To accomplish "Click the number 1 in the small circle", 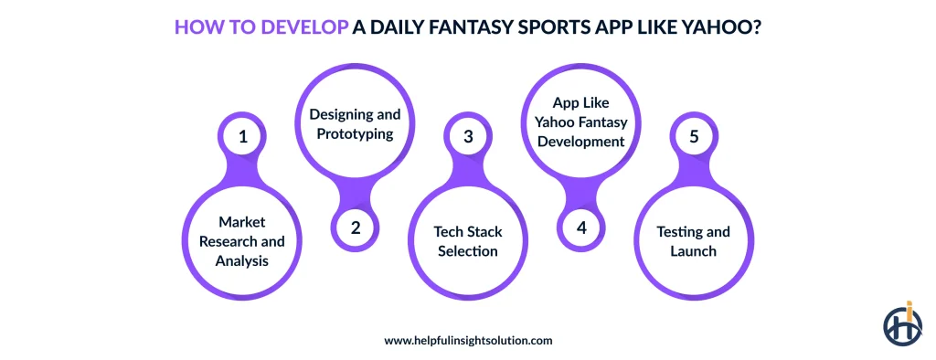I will tap(243, 137).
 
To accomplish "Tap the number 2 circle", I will tap(356, 228).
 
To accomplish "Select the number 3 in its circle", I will tap(468, 137).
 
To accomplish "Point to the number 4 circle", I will tap(580, 228).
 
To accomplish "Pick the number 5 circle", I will tap(693, 137).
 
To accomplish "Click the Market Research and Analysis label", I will tap(243, 241).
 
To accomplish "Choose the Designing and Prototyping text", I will tap(356, 124).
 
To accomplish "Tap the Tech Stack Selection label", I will tap(468, 241).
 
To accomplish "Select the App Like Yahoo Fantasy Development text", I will tap(580, 122).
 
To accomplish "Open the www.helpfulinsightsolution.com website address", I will tap(468, 340).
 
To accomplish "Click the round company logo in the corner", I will tap(902, 323).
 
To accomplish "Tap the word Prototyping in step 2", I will tap(356, 133).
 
